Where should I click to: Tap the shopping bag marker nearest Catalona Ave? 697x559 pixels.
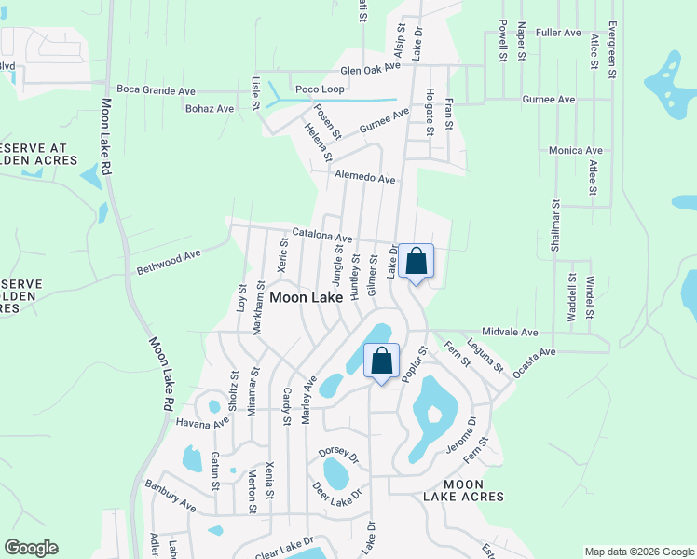point(417,262)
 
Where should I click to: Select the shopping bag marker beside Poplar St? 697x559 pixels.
point(381,361)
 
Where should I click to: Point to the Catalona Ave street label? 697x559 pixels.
point(322,236)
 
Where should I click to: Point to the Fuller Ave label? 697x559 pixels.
point(559,33)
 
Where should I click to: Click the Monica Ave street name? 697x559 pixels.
point(576,150)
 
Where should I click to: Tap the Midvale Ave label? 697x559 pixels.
point(510,332)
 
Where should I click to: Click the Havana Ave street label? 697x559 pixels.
point(202,423)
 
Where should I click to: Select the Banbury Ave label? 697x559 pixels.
point(170,496)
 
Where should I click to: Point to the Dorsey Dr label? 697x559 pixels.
point(338,455)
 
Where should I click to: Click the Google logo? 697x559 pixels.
point(31,548)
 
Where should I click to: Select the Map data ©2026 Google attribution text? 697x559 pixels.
point(638,552)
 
